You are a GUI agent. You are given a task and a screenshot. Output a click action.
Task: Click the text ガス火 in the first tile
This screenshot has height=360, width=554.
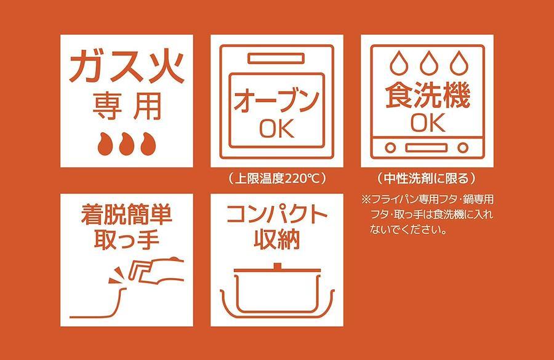(x=127, y=67)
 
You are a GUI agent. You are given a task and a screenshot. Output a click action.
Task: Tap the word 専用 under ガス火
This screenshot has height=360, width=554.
(x=127, y=106)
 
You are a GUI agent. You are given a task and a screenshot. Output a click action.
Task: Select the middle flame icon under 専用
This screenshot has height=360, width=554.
(x=126, y=144)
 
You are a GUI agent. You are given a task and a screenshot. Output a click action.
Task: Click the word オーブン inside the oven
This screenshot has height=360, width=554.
(x=276, y=101)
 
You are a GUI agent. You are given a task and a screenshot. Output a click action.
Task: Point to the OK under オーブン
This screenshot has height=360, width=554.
(x=276, y=128)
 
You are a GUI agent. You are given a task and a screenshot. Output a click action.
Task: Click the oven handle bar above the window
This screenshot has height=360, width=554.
(x=276, y=58)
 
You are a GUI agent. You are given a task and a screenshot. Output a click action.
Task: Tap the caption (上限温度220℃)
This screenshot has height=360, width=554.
(x=276, y=178)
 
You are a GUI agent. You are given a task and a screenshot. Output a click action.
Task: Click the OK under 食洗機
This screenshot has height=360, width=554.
(x=428, y=122)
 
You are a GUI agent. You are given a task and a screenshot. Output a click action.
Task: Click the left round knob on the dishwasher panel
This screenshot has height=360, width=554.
(x=390, y=148)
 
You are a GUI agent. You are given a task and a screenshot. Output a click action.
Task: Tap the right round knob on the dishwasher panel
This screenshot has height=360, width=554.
(x=463, y=148)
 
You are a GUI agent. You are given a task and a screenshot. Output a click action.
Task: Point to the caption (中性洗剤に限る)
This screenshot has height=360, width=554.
(x=427, y=178)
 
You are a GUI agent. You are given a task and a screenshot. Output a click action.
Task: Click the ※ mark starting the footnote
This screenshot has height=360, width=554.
(x=366, y=199)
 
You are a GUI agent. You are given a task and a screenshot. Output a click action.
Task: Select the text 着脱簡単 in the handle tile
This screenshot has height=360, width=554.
(x=126, y=215)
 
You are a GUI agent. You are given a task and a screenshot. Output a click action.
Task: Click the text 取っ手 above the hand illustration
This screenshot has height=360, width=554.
(x=126, y=240)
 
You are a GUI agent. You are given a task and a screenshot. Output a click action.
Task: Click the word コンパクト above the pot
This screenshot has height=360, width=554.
(x=277, y=214)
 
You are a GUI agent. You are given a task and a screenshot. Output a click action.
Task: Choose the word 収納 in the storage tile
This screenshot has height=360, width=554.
(x=277, y=240)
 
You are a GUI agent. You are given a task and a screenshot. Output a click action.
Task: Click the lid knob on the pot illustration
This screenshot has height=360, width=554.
(x=277, y=266)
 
